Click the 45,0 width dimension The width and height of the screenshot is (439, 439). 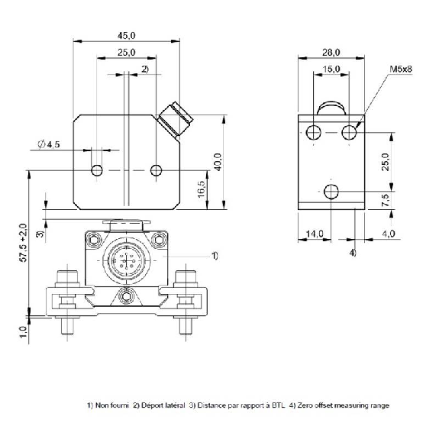coord(126,36)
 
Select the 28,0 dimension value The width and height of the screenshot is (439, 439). coord(331,53)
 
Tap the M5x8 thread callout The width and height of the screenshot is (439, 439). coord(401,69)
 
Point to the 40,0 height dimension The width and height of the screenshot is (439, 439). coord(218,162)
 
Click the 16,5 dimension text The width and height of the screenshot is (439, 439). coord(202,189)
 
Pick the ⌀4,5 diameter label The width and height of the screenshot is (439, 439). coord(49,144)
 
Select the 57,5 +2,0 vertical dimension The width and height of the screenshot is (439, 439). coord(24,243)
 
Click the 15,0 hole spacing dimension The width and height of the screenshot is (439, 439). coord(331,69)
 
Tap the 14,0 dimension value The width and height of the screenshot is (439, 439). coord(314,234)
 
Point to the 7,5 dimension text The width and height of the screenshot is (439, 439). coord(386,200)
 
